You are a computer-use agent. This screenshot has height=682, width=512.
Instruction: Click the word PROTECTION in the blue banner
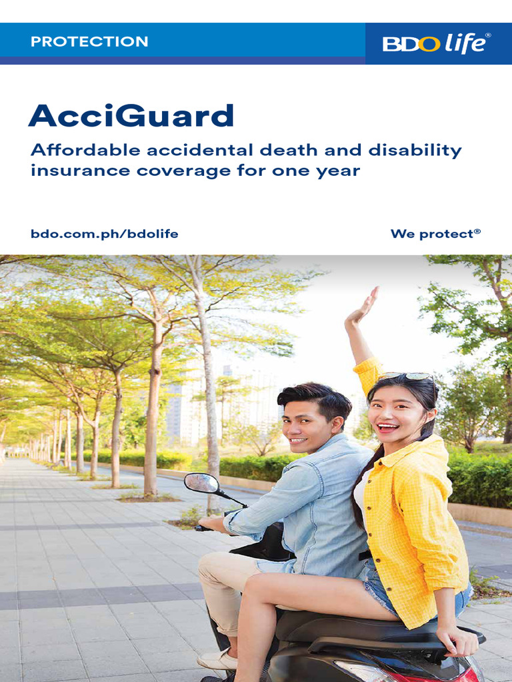coord(89,41)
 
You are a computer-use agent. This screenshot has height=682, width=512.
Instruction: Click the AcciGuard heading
coord(131,116)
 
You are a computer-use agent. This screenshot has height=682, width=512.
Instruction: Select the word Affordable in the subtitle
coord(73,151)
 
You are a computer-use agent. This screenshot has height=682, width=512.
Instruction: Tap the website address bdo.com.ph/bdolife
coord(105,234)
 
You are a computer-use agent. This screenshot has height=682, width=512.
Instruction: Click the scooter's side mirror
coord(201,483)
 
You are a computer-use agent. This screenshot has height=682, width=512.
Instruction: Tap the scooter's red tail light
coord(373,671)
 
